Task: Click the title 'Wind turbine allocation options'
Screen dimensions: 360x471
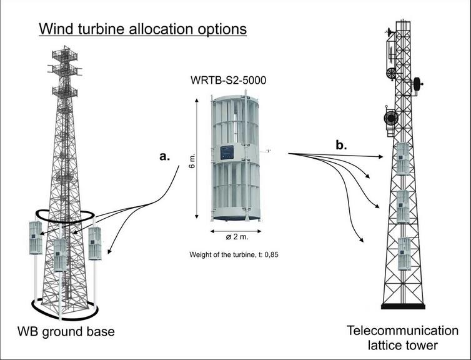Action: [142, 29]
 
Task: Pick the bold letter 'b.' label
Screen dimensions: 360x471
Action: [342, 146]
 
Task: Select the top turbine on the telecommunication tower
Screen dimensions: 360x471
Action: [402, 159]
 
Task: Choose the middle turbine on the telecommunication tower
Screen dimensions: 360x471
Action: [402, 206]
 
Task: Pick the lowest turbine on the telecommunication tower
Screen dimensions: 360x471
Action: [404, 253]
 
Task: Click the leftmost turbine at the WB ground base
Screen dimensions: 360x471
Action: [34, 238]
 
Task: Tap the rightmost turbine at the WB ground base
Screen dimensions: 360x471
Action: [94, 243]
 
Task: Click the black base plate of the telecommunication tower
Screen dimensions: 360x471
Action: [403, 306]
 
